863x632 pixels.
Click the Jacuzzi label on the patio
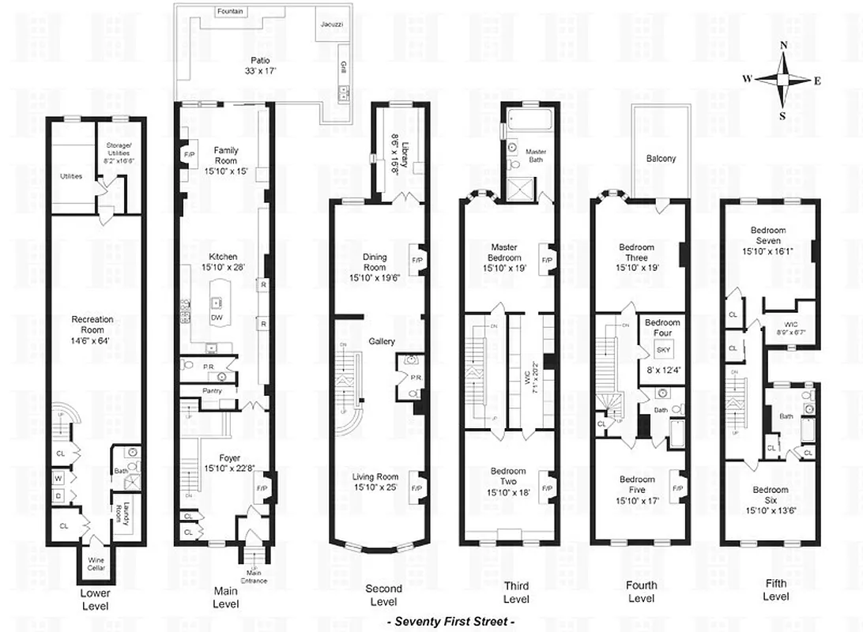330,25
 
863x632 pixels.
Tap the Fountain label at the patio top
230,12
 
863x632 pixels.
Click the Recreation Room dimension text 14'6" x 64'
92,330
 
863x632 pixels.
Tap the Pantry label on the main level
211,391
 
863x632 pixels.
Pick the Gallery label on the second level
382,341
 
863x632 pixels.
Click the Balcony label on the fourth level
661,159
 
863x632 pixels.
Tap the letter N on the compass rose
783,46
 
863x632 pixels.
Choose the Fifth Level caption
775,589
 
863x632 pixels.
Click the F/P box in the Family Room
189,154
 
